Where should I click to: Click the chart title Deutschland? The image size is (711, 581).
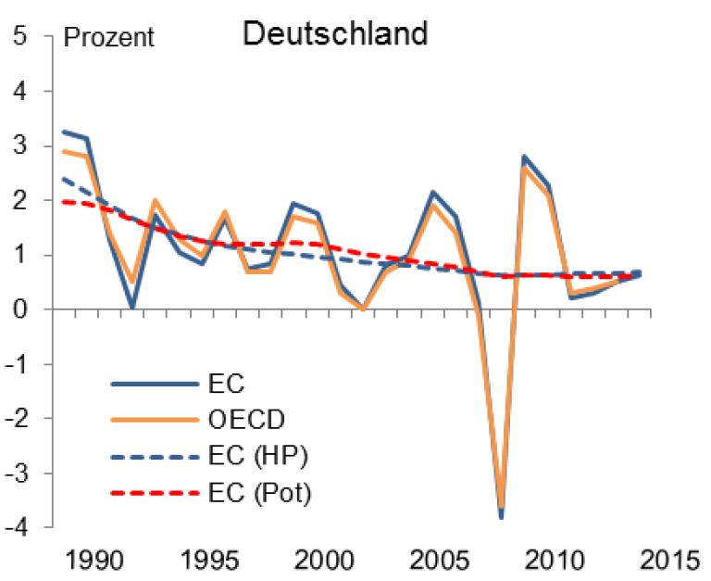335,34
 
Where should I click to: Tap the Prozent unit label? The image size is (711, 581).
108,39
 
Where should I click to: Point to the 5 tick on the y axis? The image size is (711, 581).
19,37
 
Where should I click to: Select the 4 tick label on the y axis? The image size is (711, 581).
19,92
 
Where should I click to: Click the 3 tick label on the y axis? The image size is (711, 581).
19,146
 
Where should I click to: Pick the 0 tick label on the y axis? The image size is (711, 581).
19,309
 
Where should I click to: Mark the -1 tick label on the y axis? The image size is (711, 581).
16,364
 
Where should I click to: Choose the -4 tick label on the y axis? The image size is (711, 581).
16,527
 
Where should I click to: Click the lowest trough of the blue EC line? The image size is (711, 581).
501,517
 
